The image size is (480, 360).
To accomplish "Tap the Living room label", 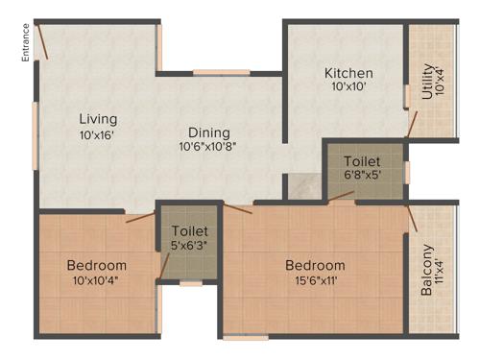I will (97, 119).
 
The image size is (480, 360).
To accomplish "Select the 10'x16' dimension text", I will (97, 135).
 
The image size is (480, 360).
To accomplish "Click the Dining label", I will (207, 132).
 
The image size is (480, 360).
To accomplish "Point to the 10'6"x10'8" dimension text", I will (207, 147).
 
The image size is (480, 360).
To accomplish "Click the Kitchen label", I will (348, 74).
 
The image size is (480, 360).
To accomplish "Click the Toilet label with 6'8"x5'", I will (361, 161).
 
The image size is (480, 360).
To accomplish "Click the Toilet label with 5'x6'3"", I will (189, 231).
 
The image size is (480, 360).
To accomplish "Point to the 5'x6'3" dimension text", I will (189, 246).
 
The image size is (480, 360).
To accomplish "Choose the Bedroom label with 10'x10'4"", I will (96, 265).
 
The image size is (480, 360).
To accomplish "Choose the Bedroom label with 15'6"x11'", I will (314, 265).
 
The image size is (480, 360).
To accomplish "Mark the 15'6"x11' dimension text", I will (314, 280).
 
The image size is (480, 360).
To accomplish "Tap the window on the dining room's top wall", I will (221, 72).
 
